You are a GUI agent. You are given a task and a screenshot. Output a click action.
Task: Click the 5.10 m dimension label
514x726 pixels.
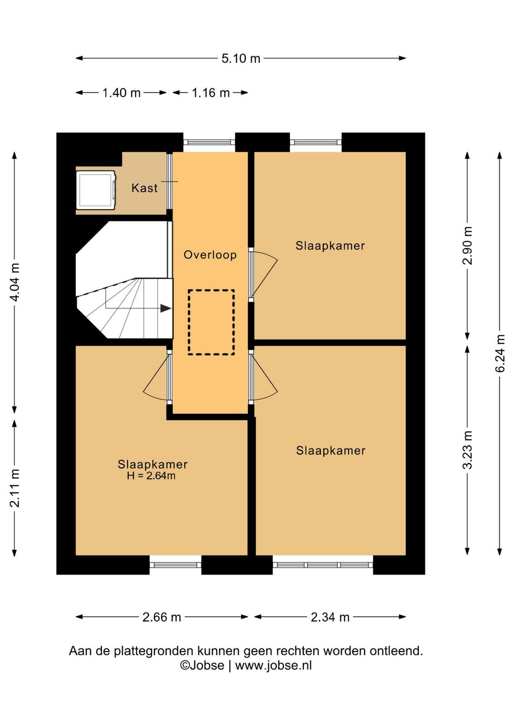coord(241,59)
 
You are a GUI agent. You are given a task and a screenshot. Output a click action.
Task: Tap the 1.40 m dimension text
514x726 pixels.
coord(121,93)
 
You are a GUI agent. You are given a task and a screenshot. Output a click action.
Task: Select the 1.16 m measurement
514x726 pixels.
coord(211,93)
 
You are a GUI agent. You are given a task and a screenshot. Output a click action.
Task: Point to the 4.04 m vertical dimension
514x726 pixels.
coord(15,282)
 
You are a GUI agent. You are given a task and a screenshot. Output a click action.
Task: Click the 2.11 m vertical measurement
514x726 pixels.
coord(15,488)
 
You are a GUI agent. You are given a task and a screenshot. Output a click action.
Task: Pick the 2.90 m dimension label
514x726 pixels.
coord(467,245)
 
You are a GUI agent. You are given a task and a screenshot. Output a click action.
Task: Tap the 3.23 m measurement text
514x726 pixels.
coord(467,450)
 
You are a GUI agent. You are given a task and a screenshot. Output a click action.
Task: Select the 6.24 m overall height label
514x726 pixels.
coord(500,353)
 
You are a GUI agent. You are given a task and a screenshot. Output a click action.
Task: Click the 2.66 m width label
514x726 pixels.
coord(162,617)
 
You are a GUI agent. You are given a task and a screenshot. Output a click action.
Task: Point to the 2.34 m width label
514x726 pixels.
coord(330,617)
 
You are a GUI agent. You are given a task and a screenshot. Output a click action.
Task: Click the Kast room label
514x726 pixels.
coord(144,188)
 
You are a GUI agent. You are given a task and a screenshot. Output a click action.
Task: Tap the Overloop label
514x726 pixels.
coord(210,255)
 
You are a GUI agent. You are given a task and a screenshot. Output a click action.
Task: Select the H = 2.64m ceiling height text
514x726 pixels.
coord(151,476)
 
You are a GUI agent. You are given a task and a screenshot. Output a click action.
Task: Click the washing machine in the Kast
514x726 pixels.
coord(96,190)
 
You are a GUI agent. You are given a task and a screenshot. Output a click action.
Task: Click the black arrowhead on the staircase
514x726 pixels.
coord(166,308)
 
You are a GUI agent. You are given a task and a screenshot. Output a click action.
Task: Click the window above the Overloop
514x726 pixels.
coord(209,142)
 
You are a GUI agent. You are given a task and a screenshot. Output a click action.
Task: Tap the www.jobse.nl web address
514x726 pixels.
coord(273,665)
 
